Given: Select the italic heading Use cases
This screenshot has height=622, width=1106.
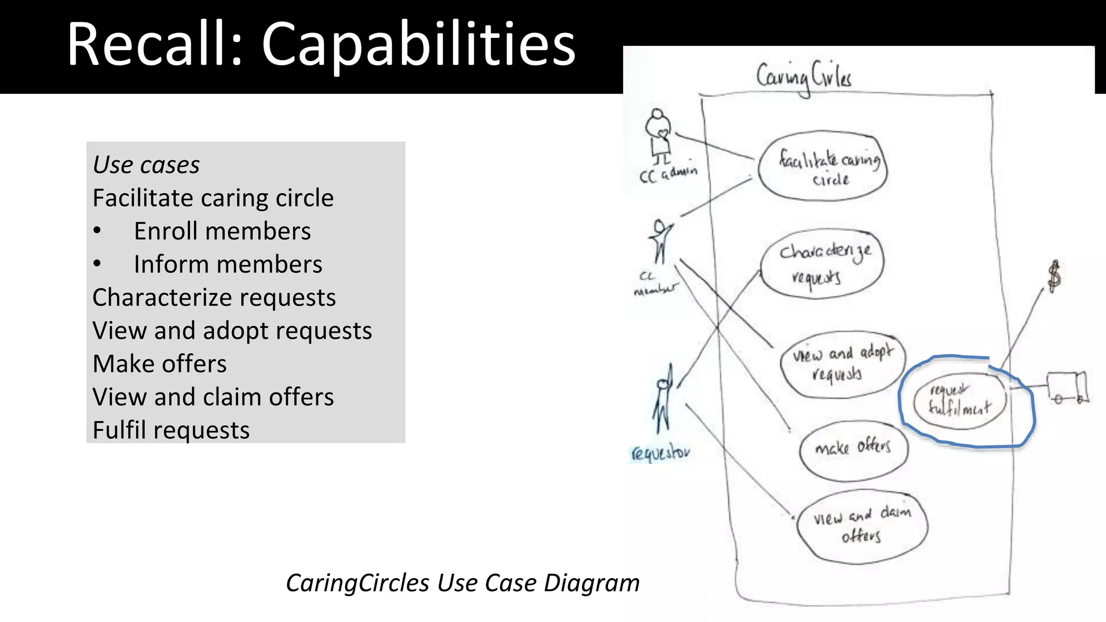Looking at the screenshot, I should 146,165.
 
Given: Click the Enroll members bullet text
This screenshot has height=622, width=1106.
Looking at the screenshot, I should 222,231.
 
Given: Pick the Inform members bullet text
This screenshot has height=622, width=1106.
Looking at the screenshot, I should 228,265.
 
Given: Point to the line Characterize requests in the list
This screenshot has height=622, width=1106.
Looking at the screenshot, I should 214,298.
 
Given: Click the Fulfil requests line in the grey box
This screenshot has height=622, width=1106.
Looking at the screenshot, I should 171,430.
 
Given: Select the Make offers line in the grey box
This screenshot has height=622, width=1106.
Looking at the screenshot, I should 159,364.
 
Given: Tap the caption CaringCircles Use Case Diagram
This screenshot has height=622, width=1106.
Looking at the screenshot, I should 462,583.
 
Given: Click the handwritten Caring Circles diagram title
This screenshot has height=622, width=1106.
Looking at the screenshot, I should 804,77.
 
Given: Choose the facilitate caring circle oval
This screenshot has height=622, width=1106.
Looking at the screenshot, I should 822,166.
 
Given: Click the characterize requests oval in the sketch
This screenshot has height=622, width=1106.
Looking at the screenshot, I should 822,264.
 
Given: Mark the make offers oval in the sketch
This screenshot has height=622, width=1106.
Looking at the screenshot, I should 853,449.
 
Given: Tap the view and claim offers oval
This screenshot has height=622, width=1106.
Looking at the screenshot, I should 862,526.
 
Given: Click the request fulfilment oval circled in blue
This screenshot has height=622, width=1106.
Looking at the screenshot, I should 960,400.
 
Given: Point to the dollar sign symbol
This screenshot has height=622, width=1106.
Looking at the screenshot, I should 1054,276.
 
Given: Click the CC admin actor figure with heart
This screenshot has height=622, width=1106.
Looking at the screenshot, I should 658,136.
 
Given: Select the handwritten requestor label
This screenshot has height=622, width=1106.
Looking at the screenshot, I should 660,452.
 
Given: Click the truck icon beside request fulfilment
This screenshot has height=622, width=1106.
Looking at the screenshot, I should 1067,388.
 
